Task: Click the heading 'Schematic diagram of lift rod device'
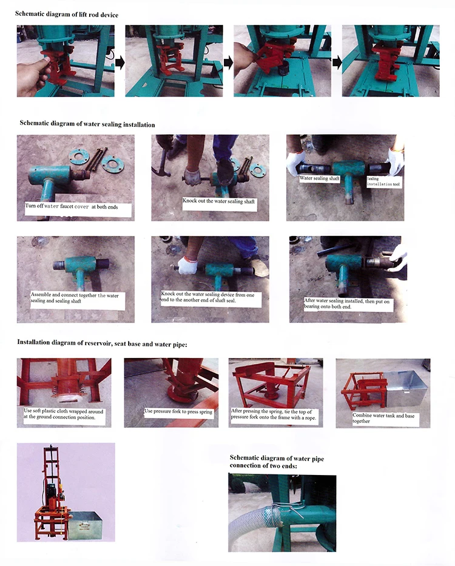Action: (x=67, y=15)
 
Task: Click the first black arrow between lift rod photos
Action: (x=120, y=62)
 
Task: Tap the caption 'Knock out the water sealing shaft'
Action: (x=218, y=201)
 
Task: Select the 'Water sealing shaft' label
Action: (x=319, y=178)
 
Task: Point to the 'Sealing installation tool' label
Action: (x=383, y=181)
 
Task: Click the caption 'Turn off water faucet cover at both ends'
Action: (x=72, y=206)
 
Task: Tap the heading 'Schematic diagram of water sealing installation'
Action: (x=87, y=124)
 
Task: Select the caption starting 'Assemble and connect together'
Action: (x=75, y=298)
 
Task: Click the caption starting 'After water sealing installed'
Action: (x=346, y=303)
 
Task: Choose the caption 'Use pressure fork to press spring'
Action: (x=178, y=411)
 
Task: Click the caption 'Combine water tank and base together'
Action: (x=383, y=418)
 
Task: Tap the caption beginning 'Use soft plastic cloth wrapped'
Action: (x=64, y=414)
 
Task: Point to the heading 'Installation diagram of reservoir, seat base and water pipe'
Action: (x=102, y=343)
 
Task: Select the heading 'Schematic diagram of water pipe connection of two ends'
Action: (x=277, y=462)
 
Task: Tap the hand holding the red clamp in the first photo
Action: (x=33, y=75)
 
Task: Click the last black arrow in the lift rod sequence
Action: (x=337, y=62)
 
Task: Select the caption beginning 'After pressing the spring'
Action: (x=274, y=414)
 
